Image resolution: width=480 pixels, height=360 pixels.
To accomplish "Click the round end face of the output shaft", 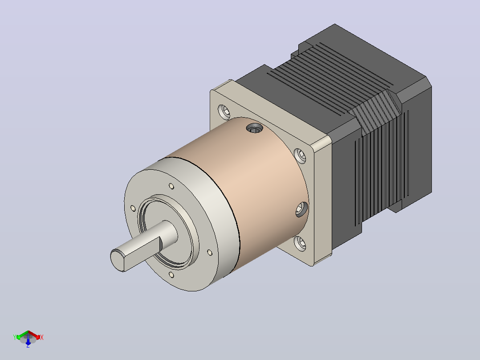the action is [x=118, y=260].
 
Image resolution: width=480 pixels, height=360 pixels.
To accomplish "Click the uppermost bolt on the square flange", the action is [x=224, y=112].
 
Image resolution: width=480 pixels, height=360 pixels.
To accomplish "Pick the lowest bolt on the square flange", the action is [x=300, y=244].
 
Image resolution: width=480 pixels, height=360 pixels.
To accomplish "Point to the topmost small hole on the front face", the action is [x=171, y=186].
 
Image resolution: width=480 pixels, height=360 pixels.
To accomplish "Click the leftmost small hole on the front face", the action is [x=133, y=209].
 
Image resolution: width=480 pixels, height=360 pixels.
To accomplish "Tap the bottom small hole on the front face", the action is [x=171, y=275].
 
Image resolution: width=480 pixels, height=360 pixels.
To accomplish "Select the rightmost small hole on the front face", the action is [x=210, y=253].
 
